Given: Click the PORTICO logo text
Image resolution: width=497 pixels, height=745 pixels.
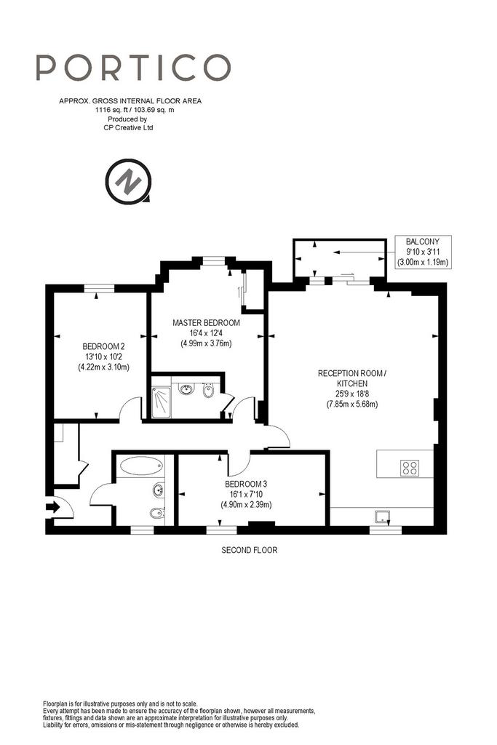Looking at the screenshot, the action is tap(133, 67).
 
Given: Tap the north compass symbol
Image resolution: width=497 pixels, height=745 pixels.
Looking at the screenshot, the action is tap(128, 181).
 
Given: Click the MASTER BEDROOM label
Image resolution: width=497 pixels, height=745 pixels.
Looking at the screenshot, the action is tap(206, 322).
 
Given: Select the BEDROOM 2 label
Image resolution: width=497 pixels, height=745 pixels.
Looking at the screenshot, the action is tap(103, 346).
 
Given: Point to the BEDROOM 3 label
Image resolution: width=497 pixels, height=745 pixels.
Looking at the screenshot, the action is tap(246, 484).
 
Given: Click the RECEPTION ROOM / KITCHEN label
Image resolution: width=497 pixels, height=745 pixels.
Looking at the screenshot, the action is tap(352, 378).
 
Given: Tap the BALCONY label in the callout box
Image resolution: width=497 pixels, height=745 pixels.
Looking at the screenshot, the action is tap(423, 242).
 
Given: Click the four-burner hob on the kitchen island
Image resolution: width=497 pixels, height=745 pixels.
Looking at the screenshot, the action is tap(410, 468).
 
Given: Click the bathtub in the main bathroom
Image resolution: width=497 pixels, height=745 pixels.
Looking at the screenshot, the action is tap(141, 466).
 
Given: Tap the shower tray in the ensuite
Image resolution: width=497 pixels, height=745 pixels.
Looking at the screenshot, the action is tap(161, 402).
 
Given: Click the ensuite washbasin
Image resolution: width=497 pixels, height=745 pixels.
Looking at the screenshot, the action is tap(186, 389).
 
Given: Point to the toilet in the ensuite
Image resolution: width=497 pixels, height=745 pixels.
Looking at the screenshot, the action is tap(207, 391).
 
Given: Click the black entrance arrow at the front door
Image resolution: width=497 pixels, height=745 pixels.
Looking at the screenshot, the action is tap(53, 507).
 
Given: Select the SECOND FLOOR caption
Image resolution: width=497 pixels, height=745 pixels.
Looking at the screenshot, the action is tap(250, 550).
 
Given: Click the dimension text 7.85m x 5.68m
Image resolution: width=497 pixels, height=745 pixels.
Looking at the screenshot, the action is tap(352, 405).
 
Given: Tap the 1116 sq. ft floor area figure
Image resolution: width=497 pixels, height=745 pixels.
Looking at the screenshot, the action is tap(110, 110).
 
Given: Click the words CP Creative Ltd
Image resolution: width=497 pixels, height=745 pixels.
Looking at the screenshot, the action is tap(128, 127).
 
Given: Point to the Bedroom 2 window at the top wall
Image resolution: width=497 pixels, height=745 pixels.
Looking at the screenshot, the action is tap(99, 288).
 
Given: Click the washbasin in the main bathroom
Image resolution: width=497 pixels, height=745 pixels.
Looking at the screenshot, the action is tap(158, 490).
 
